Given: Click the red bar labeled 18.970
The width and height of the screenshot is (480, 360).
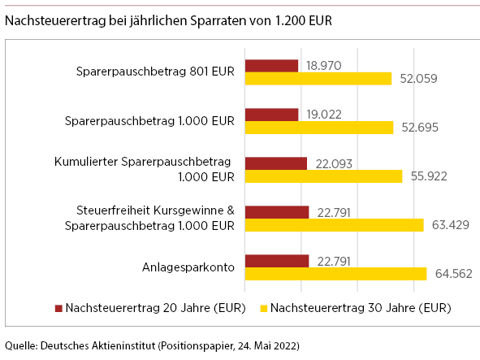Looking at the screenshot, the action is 271,66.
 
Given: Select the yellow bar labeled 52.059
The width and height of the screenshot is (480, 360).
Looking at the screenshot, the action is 318,79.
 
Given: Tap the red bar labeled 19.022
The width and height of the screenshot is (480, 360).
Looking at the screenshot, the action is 272,115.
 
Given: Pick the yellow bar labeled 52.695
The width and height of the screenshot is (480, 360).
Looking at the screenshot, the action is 319,128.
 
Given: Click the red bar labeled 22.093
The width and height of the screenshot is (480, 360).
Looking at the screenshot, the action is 276,163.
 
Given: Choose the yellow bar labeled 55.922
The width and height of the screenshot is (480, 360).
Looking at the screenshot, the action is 323,176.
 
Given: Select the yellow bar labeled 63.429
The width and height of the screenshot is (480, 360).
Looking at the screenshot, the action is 335,225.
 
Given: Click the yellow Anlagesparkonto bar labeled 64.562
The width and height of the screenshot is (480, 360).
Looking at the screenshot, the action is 335,274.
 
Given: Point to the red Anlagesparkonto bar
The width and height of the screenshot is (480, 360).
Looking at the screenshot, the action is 277,261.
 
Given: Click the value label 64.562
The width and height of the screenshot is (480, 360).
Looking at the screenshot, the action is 454,274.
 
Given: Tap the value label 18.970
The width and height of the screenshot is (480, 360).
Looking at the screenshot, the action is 324,66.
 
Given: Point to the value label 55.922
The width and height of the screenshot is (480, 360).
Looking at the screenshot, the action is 429,176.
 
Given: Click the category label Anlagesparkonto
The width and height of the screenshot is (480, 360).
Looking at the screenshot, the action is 188,267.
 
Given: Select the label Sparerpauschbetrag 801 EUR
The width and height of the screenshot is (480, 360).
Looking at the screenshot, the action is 155,72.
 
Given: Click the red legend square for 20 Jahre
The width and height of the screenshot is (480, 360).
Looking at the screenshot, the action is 58,308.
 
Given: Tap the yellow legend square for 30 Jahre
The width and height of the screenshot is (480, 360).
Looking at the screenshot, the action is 264,308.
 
